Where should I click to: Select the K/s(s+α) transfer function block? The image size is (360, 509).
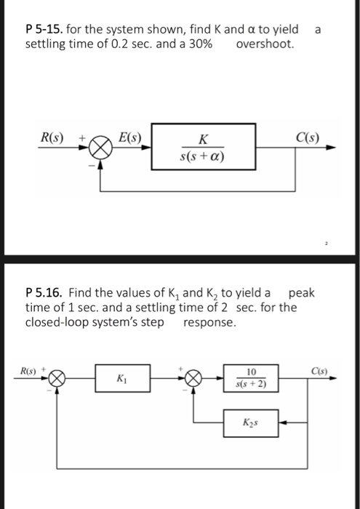click(204, 148)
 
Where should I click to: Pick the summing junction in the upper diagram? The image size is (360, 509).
click(99, 148)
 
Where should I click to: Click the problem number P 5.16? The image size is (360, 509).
click(44, 293)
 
